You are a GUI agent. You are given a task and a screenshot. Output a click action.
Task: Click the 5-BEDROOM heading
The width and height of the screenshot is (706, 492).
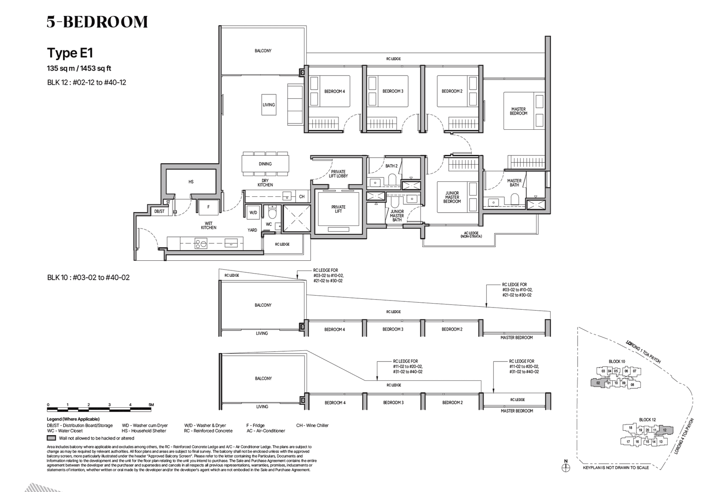97,22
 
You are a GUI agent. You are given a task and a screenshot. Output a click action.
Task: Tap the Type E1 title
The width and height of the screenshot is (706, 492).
70,53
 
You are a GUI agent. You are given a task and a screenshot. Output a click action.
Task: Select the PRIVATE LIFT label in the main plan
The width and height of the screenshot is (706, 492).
338,209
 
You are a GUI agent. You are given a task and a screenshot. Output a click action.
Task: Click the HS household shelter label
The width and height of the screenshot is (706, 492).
191,182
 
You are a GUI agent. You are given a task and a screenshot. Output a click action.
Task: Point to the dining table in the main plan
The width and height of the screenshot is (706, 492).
265,164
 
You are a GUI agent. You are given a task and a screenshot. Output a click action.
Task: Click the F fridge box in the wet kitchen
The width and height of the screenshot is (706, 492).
208,207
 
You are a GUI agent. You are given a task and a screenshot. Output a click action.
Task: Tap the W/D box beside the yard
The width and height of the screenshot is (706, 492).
253,212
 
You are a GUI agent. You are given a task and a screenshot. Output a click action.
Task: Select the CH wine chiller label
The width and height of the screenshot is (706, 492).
302,196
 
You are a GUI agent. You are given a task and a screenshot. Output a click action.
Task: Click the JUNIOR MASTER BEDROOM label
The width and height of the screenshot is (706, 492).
452,197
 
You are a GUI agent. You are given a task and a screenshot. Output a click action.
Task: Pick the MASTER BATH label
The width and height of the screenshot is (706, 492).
514,183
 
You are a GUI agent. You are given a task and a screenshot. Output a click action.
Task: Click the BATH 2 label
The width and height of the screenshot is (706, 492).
391,166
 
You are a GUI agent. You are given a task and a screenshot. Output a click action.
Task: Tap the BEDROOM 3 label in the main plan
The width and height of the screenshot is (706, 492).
393,91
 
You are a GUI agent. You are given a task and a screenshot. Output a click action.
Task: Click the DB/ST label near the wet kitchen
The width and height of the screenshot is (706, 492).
159,211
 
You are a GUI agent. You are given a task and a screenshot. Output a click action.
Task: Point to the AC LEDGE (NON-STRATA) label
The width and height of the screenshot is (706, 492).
471,235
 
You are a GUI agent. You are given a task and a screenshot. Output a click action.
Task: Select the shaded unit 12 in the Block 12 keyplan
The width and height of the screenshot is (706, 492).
665,429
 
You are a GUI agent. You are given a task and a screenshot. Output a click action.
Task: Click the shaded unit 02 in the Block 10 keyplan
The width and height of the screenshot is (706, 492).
598,383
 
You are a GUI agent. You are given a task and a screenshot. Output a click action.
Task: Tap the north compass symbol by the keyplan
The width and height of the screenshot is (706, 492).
566,467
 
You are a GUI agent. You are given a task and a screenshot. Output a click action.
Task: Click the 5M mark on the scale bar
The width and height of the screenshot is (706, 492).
151,405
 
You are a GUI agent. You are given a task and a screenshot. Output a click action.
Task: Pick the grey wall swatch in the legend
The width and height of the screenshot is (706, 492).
51,438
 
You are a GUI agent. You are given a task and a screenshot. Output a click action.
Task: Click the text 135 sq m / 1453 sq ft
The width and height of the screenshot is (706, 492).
79,68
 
